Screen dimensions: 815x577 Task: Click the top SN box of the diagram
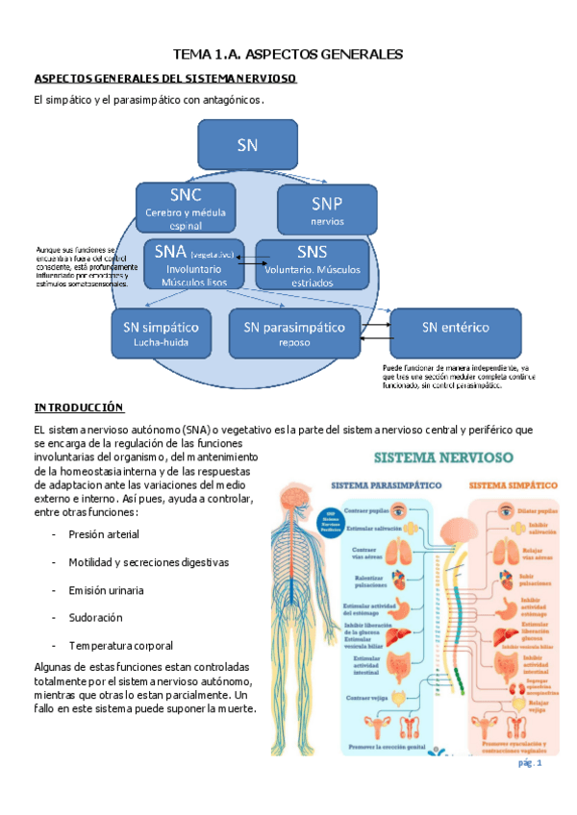[247, 144]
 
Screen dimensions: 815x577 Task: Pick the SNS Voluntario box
[312, 264]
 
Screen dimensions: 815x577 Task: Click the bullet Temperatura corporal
[120, 645]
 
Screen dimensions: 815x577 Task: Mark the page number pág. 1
[530, 763]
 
